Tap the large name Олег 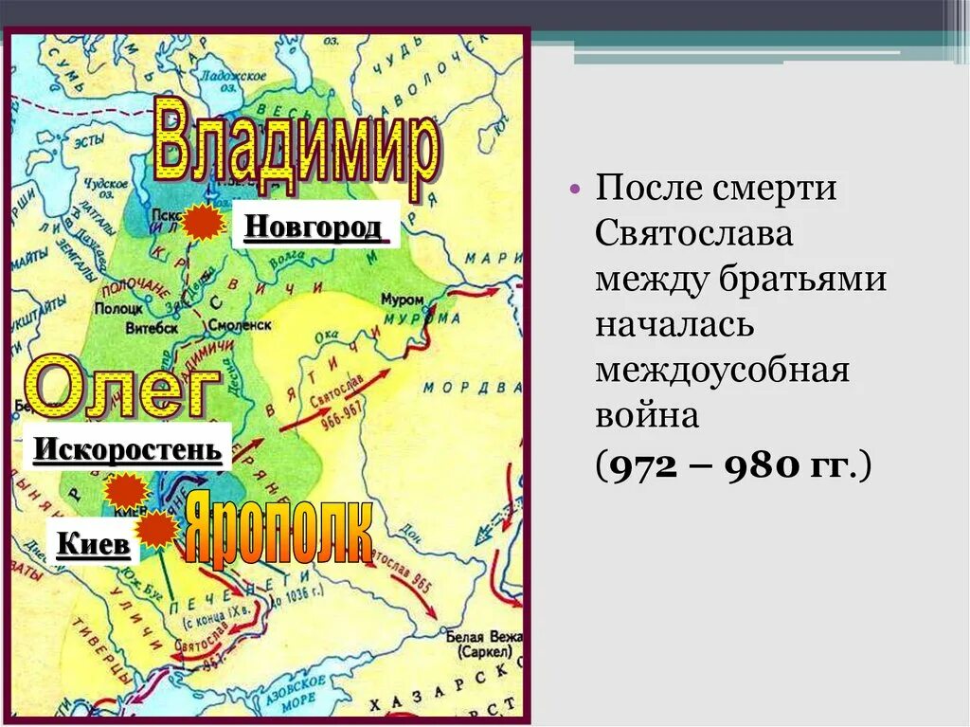coord(119,386)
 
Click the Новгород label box coord(314,227)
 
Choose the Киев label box coord(93,544)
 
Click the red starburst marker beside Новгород coord(203,223)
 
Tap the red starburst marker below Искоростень coord(126,491)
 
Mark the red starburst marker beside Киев coord(157,530)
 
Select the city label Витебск coord(151,328)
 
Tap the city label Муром coord(402,300)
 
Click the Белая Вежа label coord(484,638)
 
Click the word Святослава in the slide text coord(694,233)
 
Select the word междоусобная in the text coord(722,371)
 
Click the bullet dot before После coord(576,189)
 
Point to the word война coord(647,417)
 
